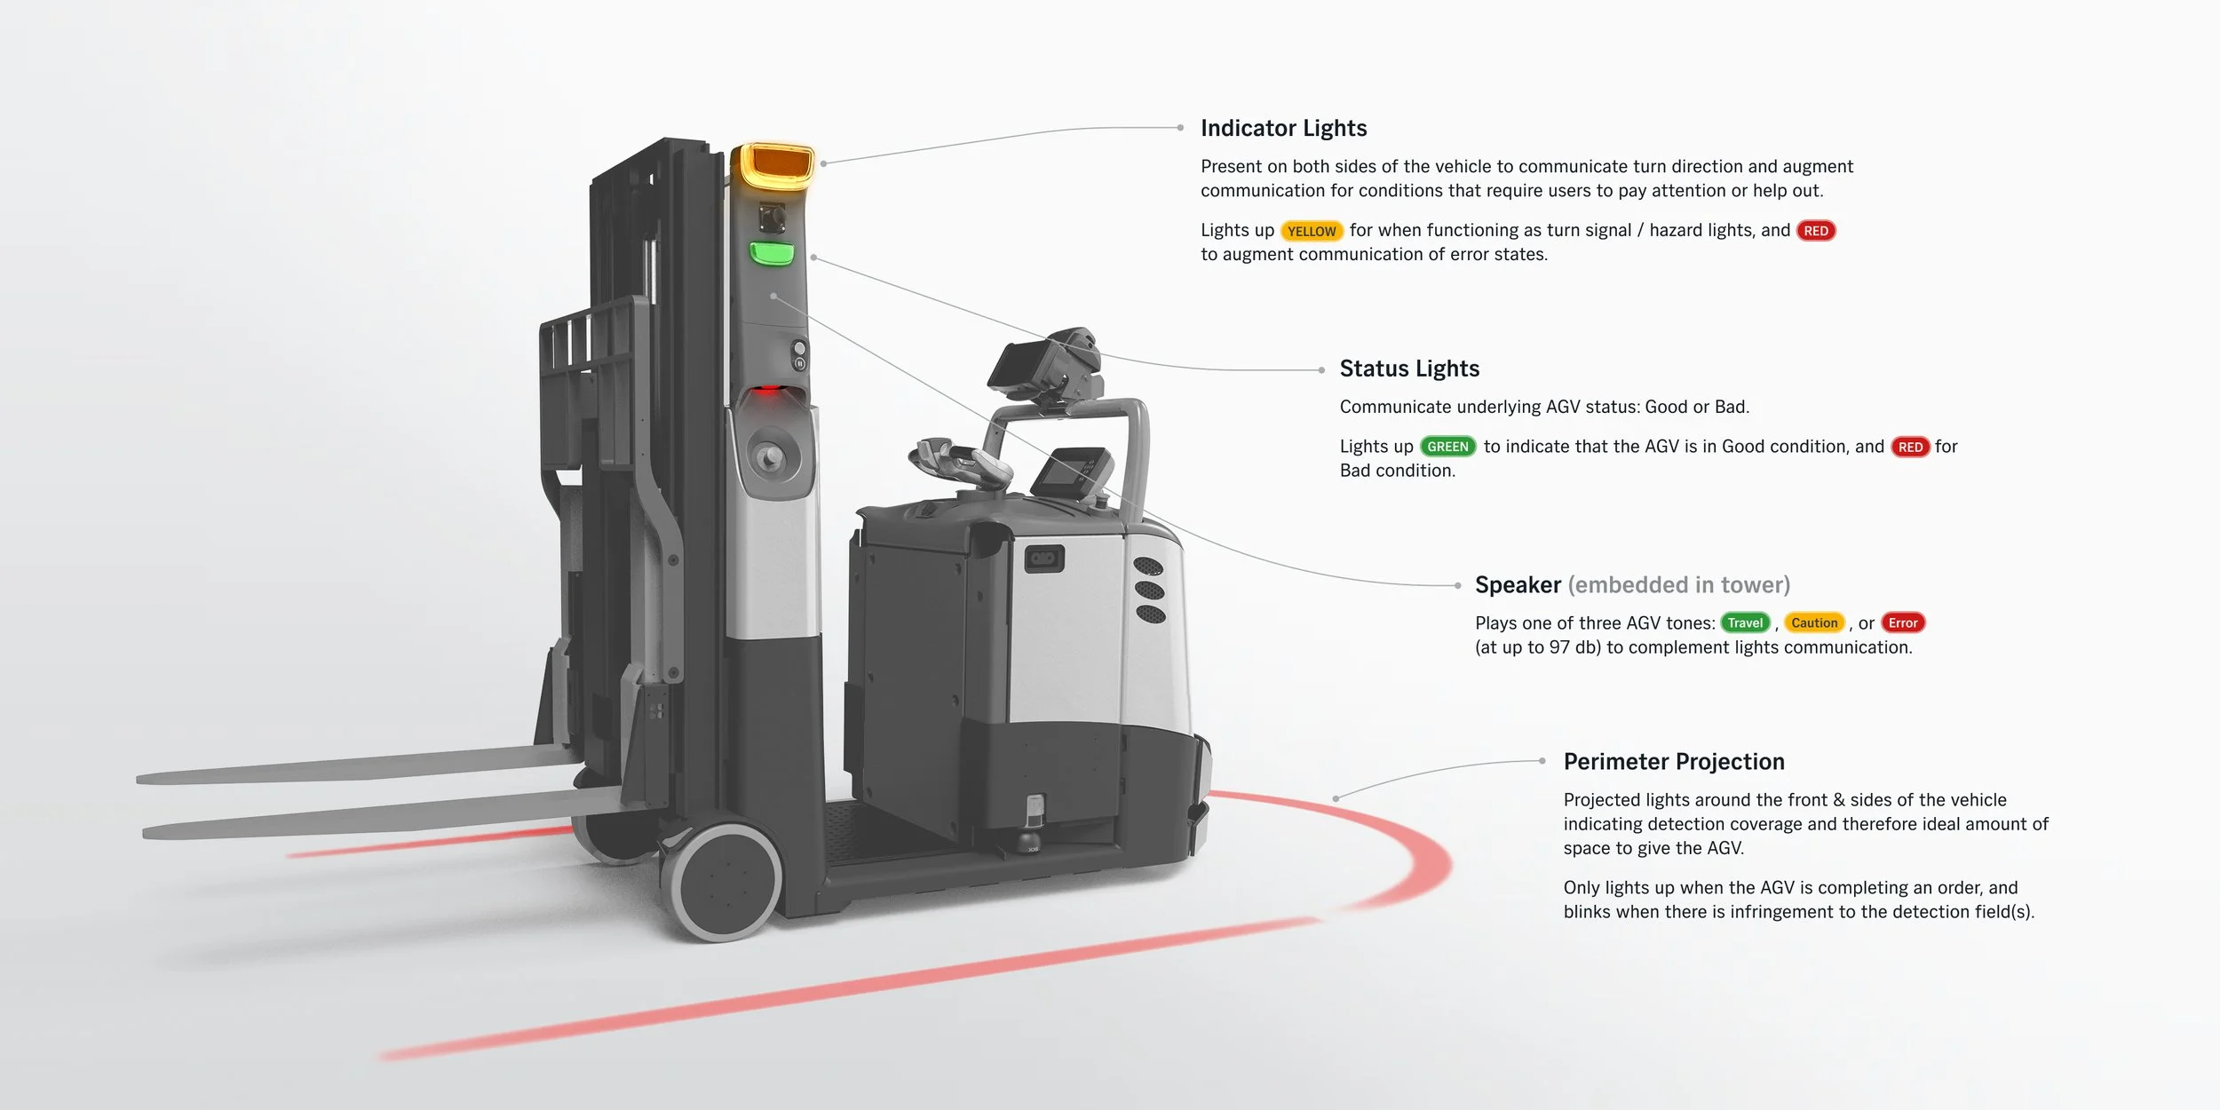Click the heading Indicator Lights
pos(1283,129)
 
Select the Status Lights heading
pos(1409,369)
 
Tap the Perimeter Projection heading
pos(1673,762)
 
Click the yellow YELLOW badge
pos(1312,232)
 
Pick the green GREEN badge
pos(1447,447)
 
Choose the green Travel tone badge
pos(1745,623)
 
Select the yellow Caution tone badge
pos(1813,623)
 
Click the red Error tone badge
pos(1902,623)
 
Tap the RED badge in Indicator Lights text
pos(1816,231)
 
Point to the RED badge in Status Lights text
pos(1910,447)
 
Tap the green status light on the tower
pos(772,254)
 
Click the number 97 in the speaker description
pos(1559,648)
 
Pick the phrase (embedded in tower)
pos(1678,585)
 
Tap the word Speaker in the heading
pos(1517,585)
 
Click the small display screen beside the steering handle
pos(1073,471)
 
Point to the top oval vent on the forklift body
pos(1147,567)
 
